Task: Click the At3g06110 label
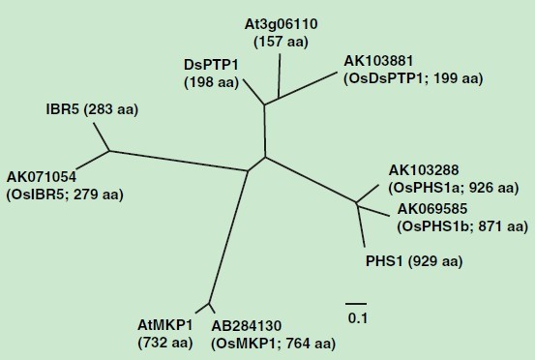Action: pyautogui.click(x=281, y=24)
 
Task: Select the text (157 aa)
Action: pyautogui.click(x=281, y=42)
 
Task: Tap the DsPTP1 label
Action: pyautogui.click(x=211, y=65)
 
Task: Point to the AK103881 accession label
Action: pyautogui.click(x=378, y=61)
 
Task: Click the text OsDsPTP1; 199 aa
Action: pyautogui.click(x=413, y=78)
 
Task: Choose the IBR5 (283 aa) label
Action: pyautogui.click(x=92, y=109)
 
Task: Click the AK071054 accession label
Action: pyautogui.click(x=42, y=177)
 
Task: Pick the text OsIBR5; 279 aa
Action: pyautogui.click(x=65, y=195)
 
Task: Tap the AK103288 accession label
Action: pyautogui.click(x=424, y=170)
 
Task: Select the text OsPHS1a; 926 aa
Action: pyautogui.click(x=454, y=188)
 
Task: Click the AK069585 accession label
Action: pyautogui.click(x=432, y=208)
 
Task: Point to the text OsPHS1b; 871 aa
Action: pyautogui.click(x=462, y=226)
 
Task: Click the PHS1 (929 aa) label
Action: pyautogui.click(x=414, y=261)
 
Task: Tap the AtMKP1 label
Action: pyautogui.click(x=165, y=325)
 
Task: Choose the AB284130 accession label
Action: pyautogui.click(x=247, y=325)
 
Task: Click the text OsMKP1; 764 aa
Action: pyautogui.click(x=273, y=344)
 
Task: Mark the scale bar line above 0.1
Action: pyautogui.click(x=356, y=303)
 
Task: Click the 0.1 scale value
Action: pyautogui.click(x=358, y=318)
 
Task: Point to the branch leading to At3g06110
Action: pyautogui.click(x=280, y=75)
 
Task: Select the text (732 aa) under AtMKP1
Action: pyautogui.click(x=165, y=343)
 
